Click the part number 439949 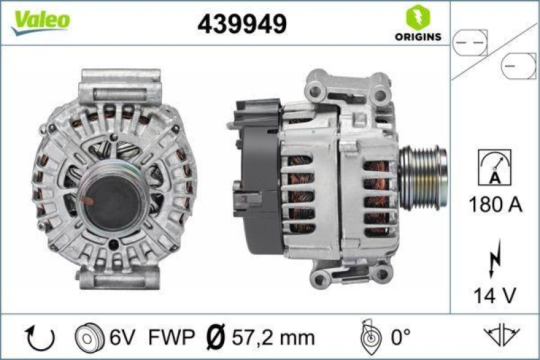click(x=242, y=24)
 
